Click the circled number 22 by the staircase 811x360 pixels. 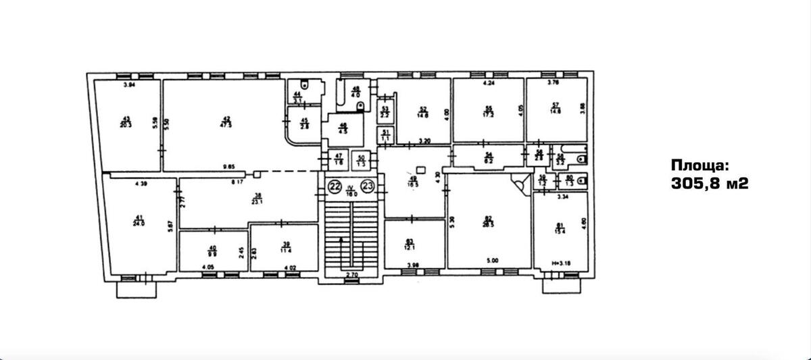[x=335, y=186]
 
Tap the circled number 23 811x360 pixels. [x=368, y=186]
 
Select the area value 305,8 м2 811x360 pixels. [x=709, y=182]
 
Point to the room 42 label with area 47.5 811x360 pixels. [x=226, y=122]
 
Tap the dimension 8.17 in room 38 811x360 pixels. [x=237, y=181]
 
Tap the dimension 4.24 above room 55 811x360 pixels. [x=489, y=84]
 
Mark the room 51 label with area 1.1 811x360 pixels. [x=385, y=135]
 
